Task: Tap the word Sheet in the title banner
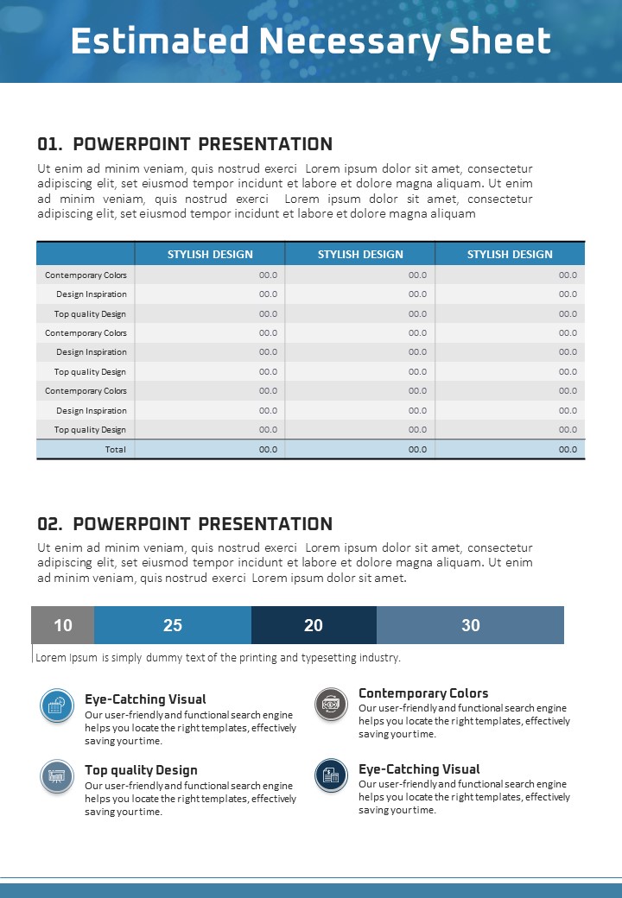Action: pos(507,41)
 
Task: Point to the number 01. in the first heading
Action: pos(50,144)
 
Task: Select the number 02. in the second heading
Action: pos(50,524)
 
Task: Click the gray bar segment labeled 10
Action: pos(63,625)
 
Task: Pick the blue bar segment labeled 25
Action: pos(173,625)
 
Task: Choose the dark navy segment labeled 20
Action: pos(314,625)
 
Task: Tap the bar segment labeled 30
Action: pos(471,625)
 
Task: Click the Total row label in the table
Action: pos(115,449)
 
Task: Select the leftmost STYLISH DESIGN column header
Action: pos(210,254)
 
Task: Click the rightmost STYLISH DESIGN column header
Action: pos(510,254)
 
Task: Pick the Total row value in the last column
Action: pos(568,449)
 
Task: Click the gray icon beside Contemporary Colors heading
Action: pos(329,705)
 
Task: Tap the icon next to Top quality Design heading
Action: pos(57,775)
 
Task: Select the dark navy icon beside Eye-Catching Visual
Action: pos(329,775)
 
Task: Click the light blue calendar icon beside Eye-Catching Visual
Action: pos(57,705)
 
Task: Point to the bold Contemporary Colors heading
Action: pos(423,693)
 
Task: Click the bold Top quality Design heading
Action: pos(141,770)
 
